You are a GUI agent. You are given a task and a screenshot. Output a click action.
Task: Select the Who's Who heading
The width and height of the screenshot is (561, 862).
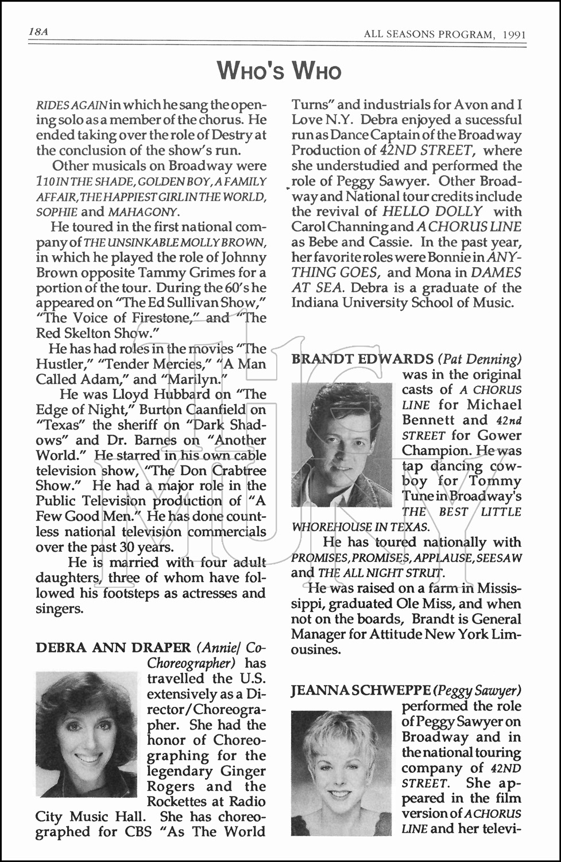pos(279,71)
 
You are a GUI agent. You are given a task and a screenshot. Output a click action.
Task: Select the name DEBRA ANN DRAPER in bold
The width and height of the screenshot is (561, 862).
pos(113,648)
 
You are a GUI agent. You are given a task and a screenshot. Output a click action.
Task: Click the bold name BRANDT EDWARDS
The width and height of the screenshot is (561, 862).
pos(362,359)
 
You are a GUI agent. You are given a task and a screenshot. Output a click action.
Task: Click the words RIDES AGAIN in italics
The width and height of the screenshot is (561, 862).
pos(71,105)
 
